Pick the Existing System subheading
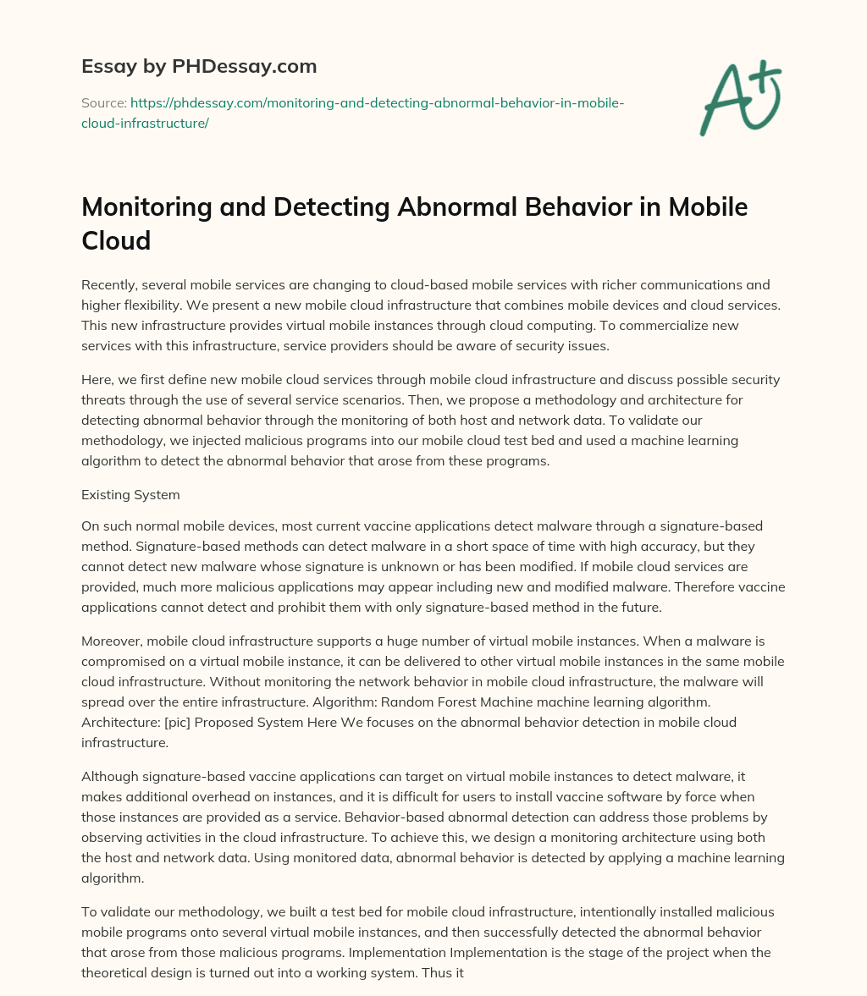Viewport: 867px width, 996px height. point(130,493)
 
